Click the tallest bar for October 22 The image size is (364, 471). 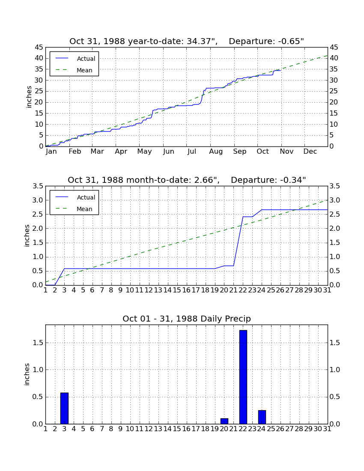[x=243, y=377]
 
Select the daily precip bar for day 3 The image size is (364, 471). [x=64, y=408]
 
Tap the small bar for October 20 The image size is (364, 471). [x=224, y=421]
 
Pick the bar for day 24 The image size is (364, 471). [x=262, y=417]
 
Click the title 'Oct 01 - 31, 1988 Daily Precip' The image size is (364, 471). [x=187, y=319]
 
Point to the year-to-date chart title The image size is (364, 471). [x=187, y=41]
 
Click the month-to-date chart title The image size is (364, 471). [x=187, y=180]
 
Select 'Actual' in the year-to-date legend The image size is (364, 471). [x=86, y=59]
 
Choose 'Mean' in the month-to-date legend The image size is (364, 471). [x=84, y=209]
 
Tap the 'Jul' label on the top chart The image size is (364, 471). [x=191, y=152]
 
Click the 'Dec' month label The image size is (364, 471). [x=310, y=152]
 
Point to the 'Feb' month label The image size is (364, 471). [x=75, y=152]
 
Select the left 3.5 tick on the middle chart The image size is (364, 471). [x=38, y=186]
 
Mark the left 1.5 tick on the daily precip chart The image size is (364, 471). [x=38, y=343]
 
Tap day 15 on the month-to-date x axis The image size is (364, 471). [x=177, y=290]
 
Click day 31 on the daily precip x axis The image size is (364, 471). [x=327, y=429]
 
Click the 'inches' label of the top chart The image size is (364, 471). [x=29, y=97]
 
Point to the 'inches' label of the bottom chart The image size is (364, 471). [x=27, y=374]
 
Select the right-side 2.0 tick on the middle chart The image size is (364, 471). [x=335, y=229]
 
